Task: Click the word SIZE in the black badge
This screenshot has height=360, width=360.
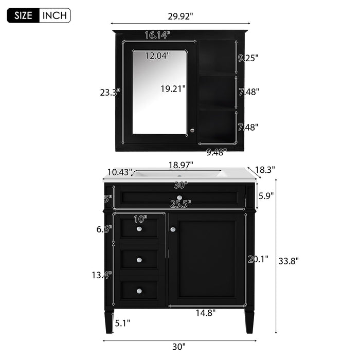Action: pos(23,15)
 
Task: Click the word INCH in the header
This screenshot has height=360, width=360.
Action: pos(55,15)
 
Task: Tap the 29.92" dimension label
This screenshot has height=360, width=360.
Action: pos(180,16)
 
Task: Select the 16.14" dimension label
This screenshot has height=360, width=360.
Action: pos(157,35)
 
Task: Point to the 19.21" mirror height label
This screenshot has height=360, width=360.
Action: pos(172,88)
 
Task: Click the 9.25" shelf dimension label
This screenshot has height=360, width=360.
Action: pos(247,58)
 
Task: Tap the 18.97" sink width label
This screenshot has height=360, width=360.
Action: pos(181,165)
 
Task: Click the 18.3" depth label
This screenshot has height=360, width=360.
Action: pos(265,169)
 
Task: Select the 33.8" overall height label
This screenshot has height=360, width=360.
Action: pos(288,260)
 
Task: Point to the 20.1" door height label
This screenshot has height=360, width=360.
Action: pos(258,259)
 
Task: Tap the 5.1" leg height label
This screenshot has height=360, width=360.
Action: pos(122,323)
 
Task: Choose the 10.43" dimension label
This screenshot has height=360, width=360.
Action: pos(120,172)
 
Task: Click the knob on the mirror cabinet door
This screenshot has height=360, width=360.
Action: pos(192,130)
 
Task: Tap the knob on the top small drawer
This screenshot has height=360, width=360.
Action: pos(139,229)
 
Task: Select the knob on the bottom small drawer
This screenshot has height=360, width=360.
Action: pos(139,291)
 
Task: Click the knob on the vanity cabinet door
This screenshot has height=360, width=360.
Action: pos(173,229)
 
